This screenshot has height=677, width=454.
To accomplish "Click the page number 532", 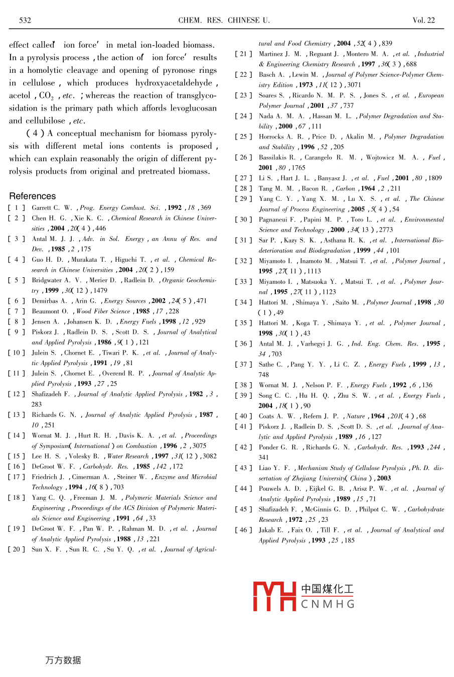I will pyautogui.click(x=25, y=21).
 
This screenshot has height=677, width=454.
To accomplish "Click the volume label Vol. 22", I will pyautogui.click(x=423, y=21).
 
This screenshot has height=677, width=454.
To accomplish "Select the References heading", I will pyautogui.click(x=33, y=196).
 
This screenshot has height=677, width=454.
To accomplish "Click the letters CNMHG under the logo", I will pyautogui.click(x=328, y=604).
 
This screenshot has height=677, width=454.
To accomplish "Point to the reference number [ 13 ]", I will pyautogui.click(x=17, y=415).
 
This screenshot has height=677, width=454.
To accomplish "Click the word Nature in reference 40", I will pyautogui.click(x=356, y=416).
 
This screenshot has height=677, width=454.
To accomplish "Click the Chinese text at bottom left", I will pyautogui.click(x=63, y=660).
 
